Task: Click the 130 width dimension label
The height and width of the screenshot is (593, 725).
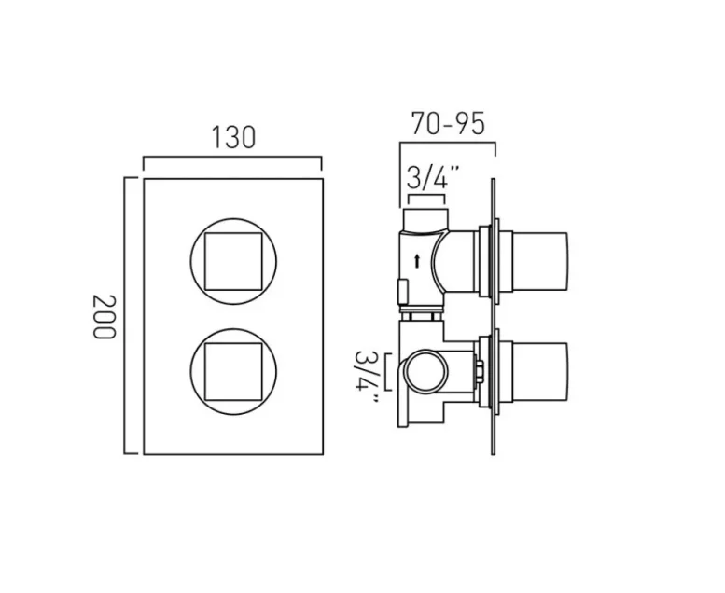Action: tap(232, 138)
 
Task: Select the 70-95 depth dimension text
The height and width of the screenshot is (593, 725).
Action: tap(448, 123)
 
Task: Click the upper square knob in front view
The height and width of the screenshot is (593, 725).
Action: tap(232, 261)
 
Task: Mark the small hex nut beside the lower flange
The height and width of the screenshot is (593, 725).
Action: tap(479, 371)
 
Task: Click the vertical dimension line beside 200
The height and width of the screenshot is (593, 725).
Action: tap(126, 317)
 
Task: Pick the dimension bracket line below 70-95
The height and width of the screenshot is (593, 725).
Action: tap(448, 143)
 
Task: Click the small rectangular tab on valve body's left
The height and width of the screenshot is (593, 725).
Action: tap(402, 292)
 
